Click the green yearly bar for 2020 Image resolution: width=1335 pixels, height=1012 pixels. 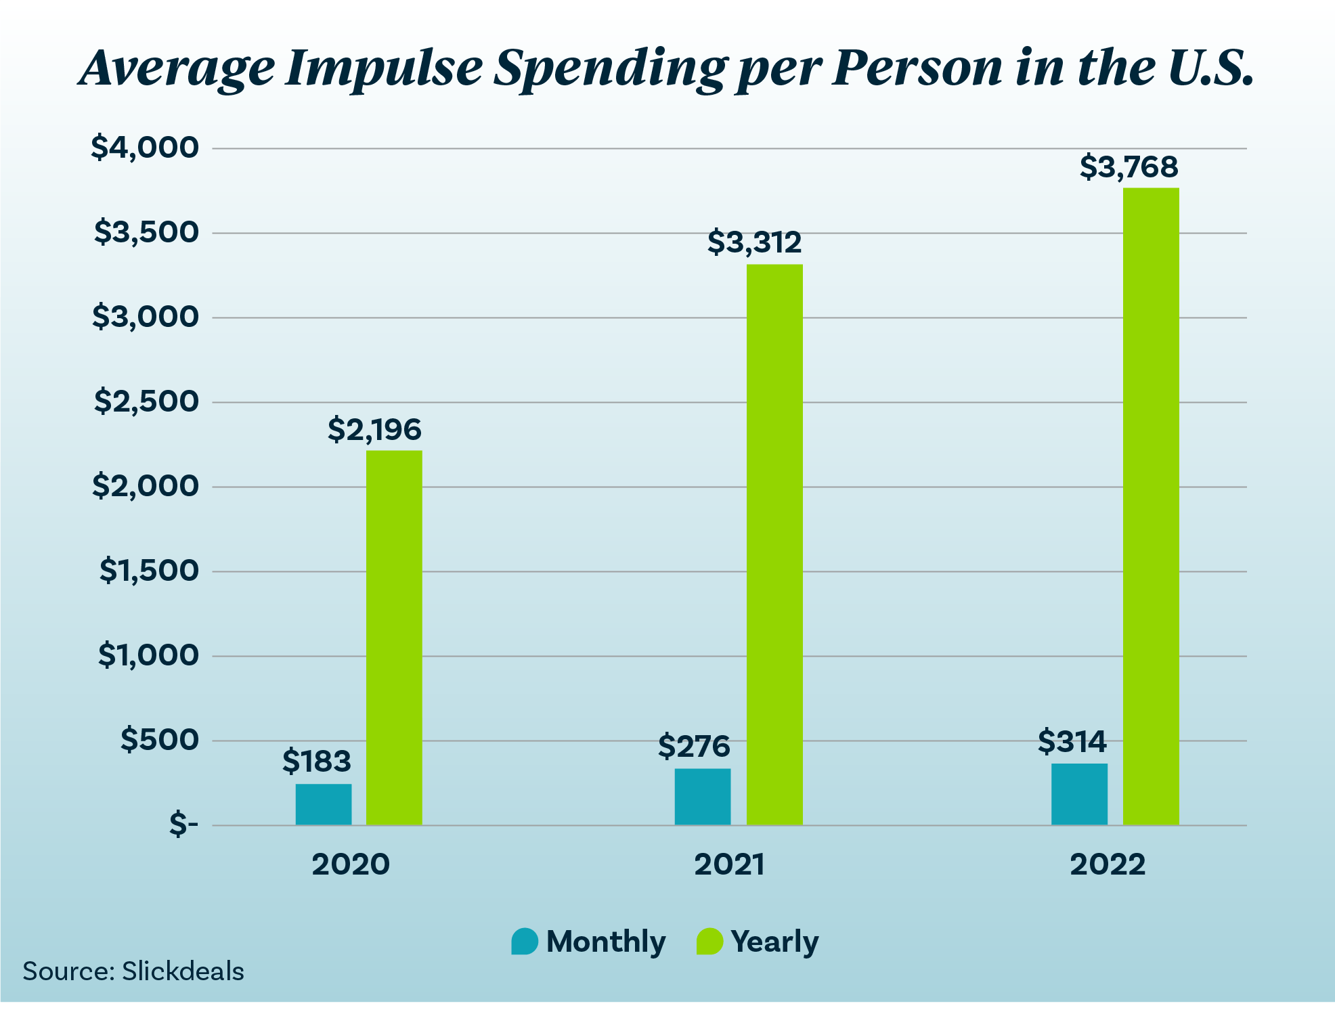(x=394, y=637)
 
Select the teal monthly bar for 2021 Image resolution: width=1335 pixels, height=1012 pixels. (x=702, y=796)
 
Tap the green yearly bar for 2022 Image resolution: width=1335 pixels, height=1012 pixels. (x=1150, y=506)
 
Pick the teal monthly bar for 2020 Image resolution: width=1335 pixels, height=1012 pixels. (x=323, y=804)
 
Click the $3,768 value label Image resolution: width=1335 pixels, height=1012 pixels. (x=1129, y=167)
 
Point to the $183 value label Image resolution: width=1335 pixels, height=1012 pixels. (x=316, y=761)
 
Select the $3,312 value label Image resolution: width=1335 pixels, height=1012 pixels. (x=754, y=242)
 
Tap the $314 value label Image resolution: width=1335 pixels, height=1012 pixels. (x=1072, y=741)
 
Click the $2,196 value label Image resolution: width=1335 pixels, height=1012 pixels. (x=374, y=429)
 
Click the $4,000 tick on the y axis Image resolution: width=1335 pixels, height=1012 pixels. (x=145, y=147)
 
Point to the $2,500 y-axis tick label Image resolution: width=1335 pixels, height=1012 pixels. (x=146, y=401)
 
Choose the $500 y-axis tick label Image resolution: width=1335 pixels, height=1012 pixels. (x=160, y=739)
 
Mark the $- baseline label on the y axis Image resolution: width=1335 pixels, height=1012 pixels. (x=183, y=824)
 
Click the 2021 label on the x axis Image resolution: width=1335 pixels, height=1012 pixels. (x=729, y=864)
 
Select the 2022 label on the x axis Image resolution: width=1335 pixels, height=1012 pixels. (x=1108, y=864)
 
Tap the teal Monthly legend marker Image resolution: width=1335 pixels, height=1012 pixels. (x=525, y=941)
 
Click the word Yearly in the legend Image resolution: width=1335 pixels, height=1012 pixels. (x=774, y=941)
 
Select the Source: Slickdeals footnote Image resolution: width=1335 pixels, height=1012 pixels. (x=133, y=971)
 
